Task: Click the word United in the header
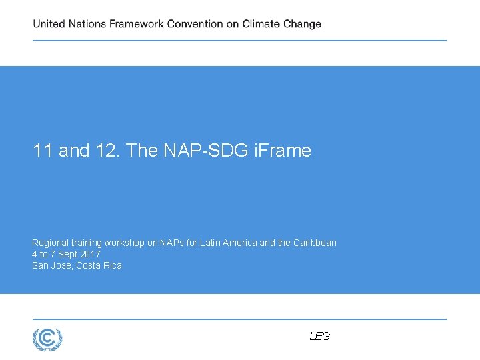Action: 49,24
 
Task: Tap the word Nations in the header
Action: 87,24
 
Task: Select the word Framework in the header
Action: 137,24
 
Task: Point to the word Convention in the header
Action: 195,24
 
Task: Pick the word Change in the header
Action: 302,24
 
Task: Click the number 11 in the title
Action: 43,151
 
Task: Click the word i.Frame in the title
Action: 283,151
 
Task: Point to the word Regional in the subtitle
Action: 50,243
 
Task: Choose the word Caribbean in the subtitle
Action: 315,243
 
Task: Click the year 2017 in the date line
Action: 89,254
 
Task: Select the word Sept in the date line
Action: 65,254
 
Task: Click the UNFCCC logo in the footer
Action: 47,339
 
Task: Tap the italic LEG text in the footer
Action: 319,337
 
